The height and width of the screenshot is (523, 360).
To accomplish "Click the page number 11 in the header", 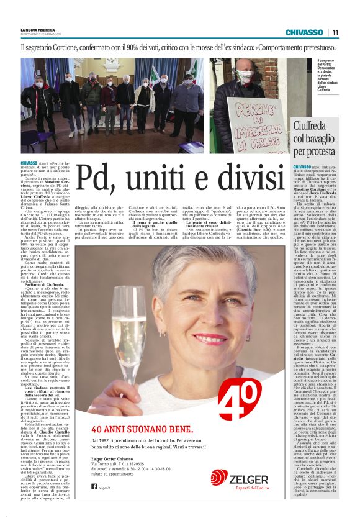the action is click(335, 32).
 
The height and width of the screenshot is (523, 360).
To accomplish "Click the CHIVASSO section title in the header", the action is click(304, 32).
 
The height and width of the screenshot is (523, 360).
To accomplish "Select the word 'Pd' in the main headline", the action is click(99, 176).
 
